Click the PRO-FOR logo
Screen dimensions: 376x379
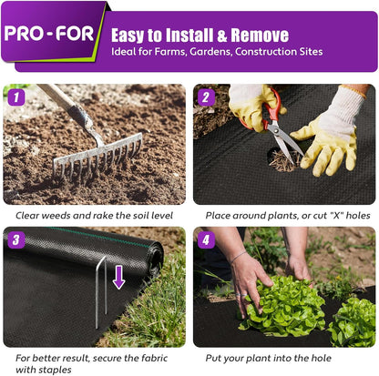coord(53,35)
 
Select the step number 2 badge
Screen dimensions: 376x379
coord(205,96)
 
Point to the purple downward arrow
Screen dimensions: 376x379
coord(118,276)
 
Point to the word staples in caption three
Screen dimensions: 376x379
coord(60,370)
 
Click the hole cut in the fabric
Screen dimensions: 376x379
coord(284,161)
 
